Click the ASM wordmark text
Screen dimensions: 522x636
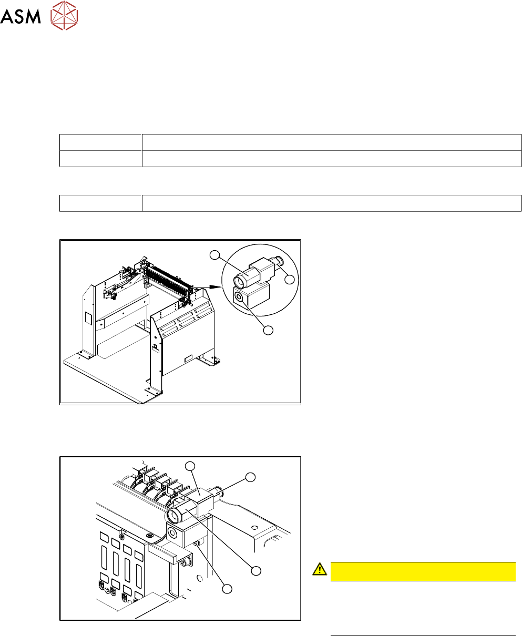point(21,16)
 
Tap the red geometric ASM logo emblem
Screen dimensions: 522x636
point(64,15)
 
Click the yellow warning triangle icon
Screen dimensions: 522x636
point(320,569)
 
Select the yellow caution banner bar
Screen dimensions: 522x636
point(423,571)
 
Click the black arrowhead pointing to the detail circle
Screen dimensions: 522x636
point(216,287)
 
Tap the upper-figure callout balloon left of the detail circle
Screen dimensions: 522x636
point(214,255)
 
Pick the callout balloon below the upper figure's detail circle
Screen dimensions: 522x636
point(268,331)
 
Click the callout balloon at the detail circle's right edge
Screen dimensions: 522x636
point(290,280)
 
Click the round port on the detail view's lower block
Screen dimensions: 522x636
point(239,297)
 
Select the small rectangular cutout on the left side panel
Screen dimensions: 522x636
point(88,318)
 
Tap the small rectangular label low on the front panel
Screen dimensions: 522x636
point(188,358)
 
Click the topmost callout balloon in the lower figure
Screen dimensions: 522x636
point(190,466)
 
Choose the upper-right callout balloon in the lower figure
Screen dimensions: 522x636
point(250,477)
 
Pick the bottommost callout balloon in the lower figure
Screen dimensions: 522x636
point(227,589)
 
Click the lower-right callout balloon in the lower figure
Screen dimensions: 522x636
point(256,571)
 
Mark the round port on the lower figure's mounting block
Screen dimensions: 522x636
point(172,533)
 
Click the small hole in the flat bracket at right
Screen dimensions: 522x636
point(254,528)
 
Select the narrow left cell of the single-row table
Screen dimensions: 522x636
point(101,203)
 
